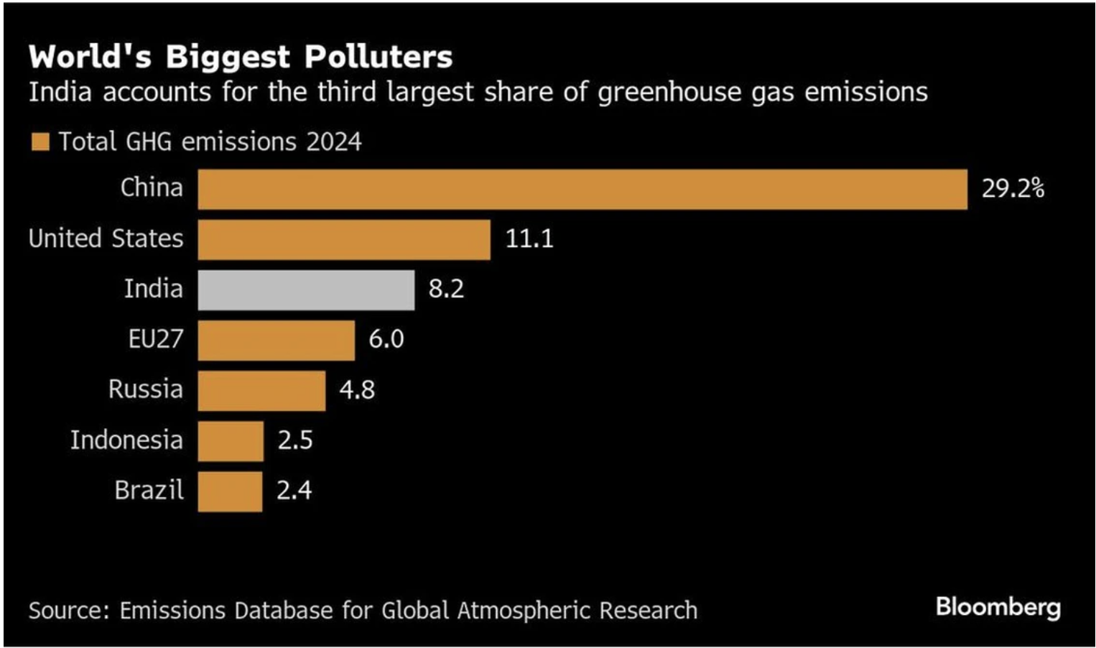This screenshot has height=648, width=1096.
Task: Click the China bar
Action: [582, 190]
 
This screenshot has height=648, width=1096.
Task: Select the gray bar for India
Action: [306, 290]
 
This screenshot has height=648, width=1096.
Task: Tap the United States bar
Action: [344, 240]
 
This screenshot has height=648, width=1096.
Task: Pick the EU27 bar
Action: [276, 341]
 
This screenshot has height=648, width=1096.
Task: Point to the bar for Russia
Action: [261, 391]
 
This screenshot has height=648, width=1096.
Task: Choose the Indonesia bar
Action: [231, 441]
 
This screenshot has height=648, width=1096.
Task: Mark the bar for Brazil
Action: [230, 491]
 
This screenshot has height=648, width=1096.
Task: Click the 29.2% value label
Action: [1013, 188]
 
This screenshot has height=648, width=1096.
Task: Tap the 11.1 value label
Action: [529, 239]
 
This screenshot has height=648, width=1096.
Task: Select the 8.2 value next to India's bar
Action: [446, 289]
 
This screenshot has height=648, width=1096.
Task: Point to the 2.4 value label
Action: [294, 490]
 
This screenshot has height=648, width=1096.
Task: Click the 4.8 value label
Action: [357, 389]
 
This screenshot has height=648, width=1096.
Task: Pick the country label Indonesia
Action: [126, 440]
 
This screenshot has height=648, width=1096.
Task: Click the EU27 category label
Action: [155, 338]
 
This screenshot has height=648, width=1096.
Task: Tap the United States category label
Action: [106, 238]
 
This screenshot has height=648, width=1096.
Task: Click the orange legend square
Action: [40, 142]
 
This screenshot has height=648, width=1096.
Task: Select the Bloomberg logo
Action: [998, 608]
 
